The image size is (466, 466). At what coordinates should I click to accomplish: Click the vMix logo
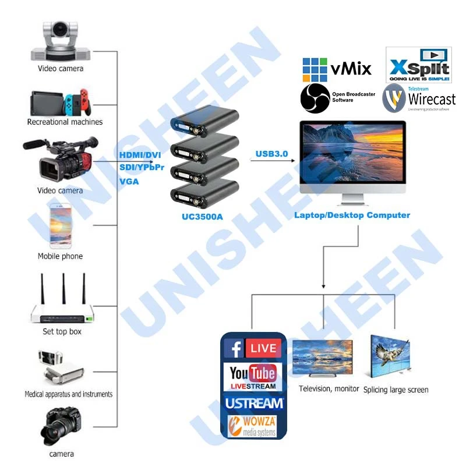click(x=336, y=69)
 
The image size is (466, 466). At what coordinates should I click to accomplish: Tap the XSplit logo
click(x=418, y=65)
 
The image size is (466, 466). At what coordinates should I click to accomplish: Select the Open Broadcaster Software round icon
click(x=315, y=98)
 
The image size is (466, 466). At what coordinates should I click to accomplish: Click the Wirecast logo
click(x=419, y=97)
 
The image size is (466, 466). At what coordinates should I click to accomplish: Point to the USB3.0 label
click(x=271, y=154)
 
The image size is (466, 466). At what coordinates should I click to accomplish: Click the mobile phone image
click(x=60, y=227)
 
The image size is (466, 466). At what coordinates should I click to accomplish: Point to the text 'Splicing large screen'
click(x=396, y=390)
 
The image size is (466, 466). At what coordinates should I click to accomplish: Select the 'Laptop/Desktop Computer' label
click(x=352, y=216)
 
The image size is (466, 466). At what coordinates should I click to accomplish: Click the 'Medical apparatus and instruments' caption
click(x=68, y=394)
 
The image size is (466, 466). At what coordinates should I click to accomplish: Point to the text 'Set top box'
click(x=62, y=331)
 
